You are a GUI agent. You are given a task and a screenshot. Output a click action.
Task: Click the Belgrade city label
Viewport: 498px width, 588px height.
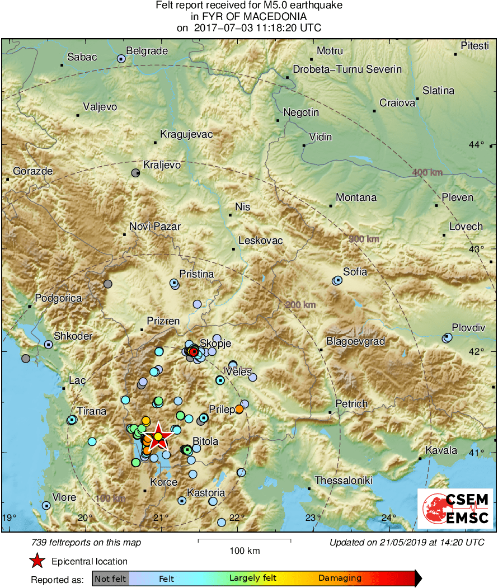147,51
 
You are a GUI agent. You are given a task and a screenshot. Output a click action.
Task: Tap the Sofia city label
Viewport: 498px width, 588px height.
355,272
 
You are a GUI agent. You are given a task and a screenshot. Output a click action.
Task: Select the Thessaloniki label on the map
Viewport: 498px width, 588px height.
342,480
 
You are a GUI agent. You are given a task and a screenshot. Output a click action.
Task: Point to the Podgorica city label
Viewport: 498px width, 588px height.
58,298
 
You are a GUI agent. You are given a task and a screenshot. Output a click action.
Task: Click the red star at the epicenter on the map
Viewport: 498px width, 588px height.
158,436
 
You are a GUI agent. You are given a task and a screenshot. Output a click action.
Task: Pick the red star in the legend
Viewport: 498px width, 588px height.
37,561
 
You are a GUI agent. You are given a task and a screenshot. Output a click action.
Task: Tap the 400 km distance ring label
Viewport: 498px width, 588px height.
427,172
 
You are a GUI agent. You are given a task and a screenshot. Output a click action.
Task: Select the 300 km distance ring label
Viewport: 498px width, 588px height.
364,239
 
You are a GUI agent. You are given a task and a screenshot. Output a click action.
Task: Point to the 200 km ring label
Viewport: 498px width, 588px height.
300,305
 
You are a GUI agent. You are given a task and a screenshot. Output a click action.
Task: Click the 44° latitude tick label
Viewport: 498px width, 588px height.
476,145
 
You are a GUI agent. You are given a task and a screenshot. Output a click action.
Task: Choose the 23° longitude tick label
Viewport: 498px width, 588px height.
312,518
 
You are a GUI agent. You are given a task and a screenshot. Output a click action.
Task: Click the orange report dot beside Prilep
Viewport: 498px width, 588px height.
239,409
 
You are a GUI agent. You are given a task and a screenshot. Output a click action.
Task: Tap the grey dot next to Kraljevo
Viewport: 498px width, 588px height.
135,173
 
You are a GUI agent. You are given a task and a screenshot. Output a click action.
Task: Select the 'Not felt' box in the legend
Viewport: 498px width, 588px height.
110,578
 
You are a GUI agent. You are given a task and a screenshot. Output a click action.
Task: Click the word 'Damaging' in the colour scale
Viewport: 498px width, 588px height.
340,578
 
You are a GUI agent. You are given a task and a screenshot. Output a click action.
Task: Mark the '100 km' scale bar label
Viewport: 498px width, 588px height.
245,551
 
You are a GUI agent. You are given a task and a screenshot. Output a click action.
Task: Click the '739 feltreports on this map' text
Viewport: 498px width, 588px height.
87,542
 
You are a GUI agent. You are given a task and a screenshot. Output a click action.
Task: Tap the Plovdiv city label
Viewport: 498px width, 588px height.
468,328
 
